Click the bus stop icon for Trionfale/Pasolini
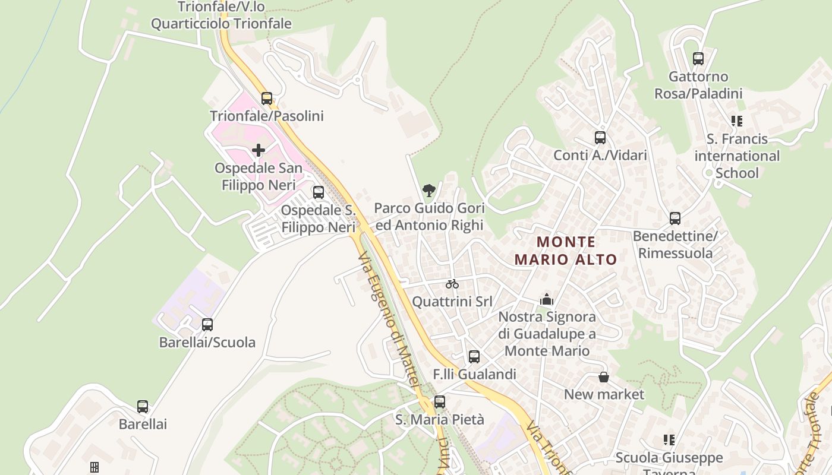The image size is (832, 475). [267, 99]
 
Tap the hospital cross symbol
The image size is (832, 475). [259, 150]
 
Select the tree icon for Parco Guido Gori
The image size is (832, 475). [428, 191]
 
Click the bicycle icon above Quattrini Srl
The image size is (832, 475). [452, 284]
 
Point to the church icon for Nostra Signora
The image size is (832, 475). [547, 299]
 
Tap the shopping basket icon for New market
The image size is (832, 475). [604, 377]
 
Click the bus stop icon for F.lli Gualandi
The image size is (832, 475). [474, 357]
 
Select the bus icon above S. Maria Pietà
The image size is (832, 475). [440, 402]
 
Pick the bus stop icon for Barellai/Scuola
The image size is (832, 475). [207, 325]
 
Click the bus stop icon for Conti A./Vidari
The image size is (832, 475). [600, 138]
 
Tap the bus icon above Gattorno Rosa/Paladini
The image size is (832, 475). [698, 59]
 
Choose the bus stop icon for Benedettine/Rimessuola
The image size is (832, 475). [675, 218]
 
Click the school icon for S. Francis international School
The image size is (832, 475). [737, 121]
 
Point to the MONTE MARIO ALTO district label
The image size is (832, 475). [566, 251]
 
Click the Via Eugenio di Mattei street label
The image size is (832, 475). [390, 320]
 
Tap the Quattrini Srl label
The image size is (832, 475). [452, 302]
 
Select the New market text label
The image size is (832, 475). [604, 394]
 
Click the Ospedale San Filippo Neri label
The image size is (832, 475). [259, 176]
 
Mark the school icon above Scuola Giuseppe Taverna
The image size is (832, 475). [669, 440]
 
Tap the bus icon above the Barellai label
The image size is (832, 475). [143, 407]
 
